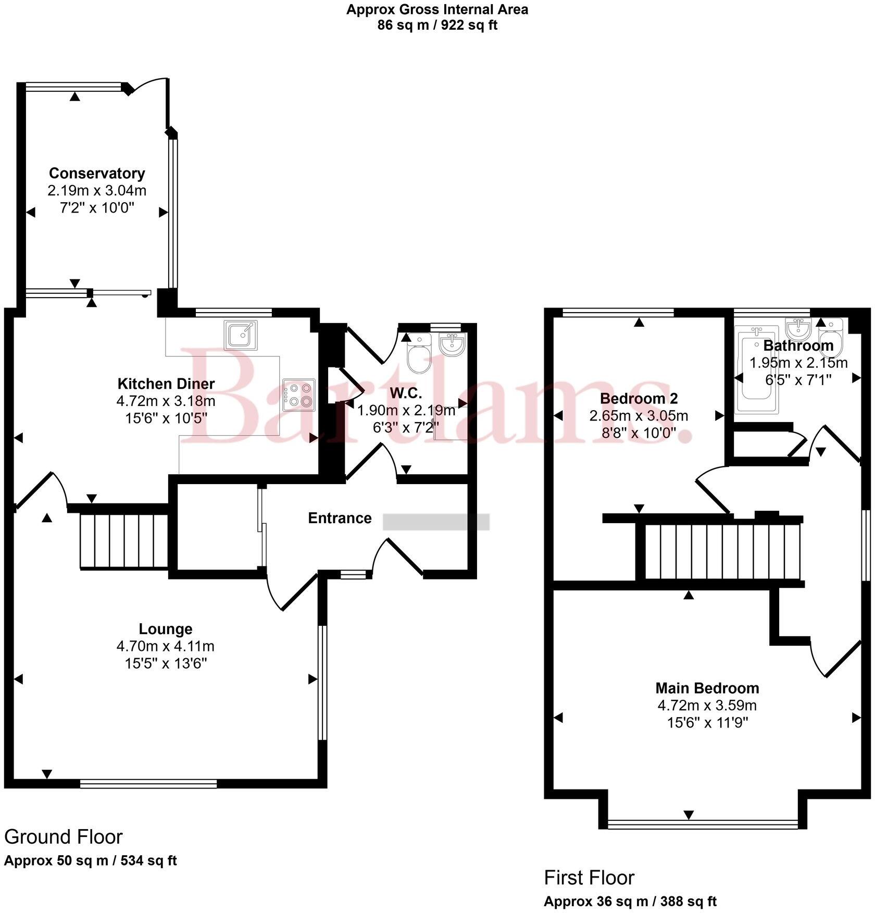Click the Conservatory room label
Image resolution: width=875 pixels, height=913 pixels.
point(97,173)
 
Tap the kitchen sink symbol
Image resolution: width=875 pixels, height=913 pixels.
point(241,335)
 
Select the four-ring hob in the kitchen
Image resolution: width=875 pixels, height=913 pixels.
point(299,394)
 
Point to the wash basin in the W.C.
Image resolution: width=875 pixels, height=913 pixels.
point(451,344)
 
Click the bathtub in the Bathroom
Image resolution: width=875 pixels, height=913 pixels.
point(756,370)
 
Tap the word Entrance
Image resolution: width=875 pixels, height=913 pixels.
point(340,518)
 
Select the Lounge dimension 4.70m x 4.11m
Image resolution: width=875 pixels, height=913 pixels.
point(165,646)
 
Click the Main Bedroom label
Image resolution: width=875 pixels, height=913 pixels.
point(707,688)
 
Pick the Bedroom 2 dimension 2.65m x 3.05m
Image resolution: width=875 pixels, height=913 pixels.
point(639,416)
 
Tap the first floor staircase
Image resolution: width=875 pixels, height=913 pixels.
point(722,552)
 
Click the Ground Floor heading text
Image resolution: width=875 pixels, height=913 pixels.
point(63,837)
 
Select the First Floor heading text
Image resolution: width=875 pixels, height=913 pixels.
point(589,878)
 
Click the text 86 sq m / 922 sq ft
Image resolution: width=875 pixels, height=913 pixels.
point(437,25)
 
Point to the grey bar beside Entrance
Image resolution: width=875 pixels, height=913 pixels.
point(436,522)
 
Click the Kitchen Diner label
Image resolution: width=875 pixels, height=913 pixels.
point(166,384)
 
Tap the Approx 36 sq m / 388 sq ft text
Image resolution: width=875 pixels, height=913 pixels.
point(630,901)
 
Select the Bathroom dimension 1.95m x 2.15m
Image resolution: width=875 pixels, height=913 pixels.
point(798,363)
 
